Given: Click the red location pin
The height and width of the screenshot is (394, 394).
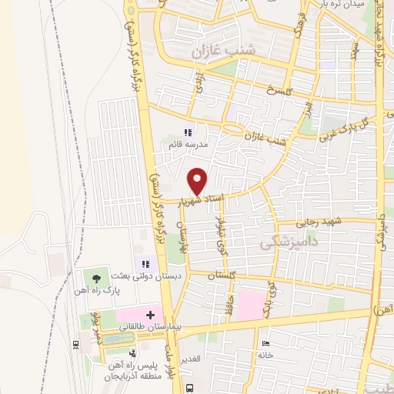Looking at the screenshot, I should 198,180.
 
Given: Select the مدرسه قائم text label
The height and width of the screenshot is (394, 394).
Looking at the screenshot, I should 182,145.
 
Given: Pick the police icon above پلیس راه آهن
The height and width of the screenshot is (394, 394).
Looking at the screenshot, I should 132,353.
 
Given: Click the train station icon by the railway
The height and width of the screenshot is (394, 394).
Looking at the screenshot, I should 74,344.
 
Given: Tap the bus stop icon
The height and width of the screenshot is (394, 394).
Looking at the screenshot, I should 190,387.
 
